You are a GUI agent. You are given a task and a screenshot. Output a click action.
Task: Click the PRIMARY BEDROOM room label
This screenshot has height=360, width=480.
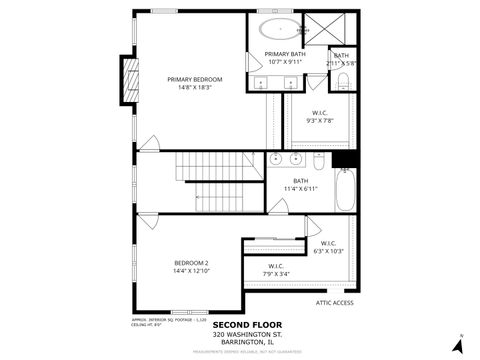point(195,79)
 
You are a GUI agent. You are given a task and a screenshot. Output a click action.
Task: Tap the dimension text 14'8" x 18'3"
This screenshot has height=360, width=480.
point(195,88)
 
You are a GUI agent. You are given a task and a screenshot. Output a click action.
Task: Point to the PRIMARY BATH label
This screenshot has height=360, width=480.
point(283,54)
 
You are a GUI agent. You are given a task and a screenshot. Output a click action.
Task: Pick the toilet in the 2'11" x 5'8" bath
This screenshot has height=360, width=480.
point(343,80)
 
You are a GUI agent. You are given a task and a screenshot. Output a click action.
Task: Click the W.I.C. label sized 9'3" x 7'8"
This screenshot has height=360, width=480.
point(321,113)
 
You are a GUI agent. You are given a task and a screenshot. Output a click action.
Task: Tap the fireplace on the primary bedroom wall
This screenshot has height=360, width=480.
point(128,79)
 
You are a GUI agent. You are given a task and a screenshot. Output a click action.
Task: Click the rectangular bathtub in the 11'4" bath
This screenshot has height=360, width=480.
point(345,191)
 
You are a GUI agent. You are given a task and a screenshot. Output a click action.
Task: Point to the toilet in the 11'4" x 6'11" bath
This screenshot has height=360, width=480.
point(319,160)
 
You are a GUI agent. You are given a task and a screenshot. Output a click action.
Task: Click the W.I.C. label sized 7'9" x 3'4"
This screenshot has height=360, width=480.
point(276,266)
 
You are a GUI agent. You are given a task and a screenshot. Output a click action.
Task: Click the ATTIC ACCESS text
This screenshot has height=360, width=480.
point(335,303)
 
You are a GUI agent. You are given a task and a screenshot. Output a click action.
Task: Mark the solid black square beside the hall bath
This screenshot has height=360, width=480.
point(344,159)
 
